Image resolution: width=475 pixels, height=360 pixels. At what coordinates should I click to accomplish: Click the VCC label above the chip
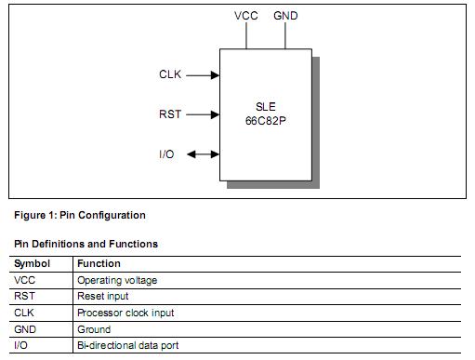click(x=245, y=16)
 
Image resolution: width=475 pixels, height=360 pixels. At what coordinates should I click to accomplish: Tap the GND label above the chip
click(x=285, y=16)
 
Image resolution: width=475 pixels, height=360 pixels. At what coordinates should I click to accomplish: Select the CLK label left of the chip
click(x=170, y=74)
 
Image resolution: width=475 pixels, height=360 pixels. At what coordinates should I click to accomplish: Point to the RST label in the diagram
click(x=170, y=114)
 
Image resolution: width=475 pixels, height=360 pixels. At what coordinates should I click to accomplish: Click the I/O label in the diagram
click(x=166, y=153)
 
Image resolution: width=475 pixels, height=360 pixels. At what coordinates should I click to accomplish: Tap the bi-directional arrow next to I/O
click(x=203, y=153)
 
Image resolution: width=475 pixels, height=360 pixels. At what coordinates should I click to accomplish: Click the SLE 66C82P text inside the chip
click(x=265, y=114)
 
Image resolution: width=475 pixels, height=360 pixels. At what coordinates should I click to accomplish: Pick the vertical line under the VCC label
click(x=245, y=34)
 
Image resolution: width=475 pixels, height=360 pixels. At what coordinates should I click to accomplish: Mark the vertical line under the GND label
click(x=285, y=34)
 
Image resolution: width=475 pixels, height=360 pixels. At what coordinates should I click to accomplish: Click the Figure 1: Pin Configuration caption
click(x=80, y=215)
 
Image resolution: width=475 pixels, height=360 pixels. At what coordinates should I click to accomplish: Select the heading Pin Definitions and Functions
click(x=86, y=244)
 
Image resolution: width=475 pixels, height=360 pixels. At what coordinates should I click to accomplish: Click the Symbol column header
click(x=32, y=263)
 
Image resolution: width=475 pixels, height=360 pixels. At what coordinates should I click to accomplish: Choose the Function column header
click(x=99, y=263)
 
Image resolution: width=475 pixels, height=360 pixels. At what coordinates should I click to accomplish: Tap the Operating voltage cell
click(x=116, y=280)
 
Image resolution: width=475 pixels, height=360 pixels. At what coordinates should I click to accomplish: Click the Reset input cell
click(x=103, y=297)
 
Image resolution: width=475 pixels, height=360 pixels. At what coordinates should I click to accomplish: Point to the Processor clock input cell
click(x=125, y=313)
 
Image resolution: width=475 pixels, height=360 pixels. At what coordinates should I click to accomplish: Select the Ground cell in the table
click(x=94, y=329)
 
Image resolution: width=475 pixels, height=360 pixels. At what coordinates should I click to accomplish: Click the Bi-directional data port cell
click(x=130, y=345)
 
